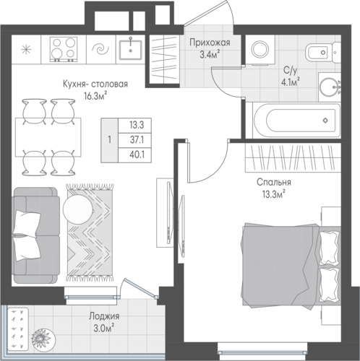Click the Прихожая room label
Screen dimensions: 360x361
pos(210,43)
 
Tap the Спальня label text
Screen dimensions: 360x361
pos(274,182)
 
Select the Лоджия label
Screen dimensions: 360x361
pos(104,316)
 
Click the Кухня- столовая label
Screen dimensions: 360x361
pos(95,84)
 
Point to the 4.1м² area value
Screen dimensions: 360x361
pos(291,82)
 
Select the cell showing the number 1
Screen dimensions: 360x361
pos(110,140)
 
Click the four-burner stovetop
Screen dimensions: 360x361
pos(64,49)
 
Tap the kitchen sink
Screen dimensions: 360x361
pos(130,50)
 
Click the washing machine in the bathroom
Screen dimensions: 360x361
pos(260,50)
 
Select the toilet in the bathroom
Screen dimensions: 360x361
pos(322,52)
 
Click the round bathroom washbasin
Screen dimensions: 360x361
pos(329,87)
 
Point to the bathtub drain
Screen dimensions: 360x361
pos(325,120)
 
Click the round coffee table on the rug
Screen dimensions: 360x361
pos(77,209)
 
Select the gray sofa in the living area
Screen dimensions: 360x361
pos(35,235)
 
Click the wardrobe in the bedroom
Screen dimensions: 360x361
pos(293,157)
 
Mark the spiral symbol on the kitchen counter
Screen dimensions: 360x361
pos(100,50)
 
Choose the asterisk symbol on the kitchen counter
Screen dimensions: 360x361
pos(26,50)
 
